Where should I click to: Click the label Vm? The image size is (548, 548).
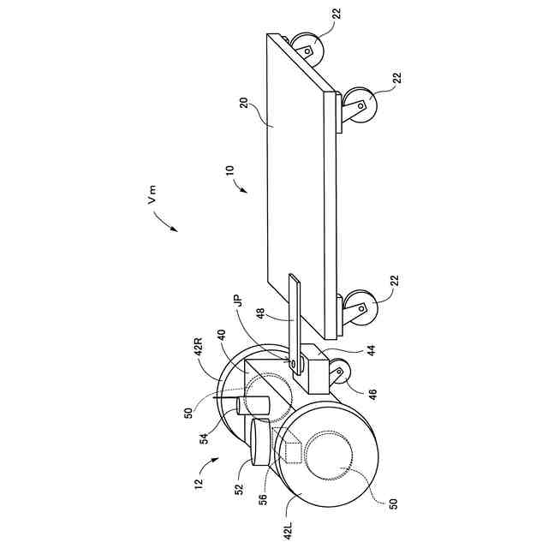[152, 199]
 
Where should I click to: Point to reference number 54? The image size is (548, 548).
[206, 438]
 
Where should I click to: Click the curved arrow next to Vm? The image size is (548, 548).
[164, 223]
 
